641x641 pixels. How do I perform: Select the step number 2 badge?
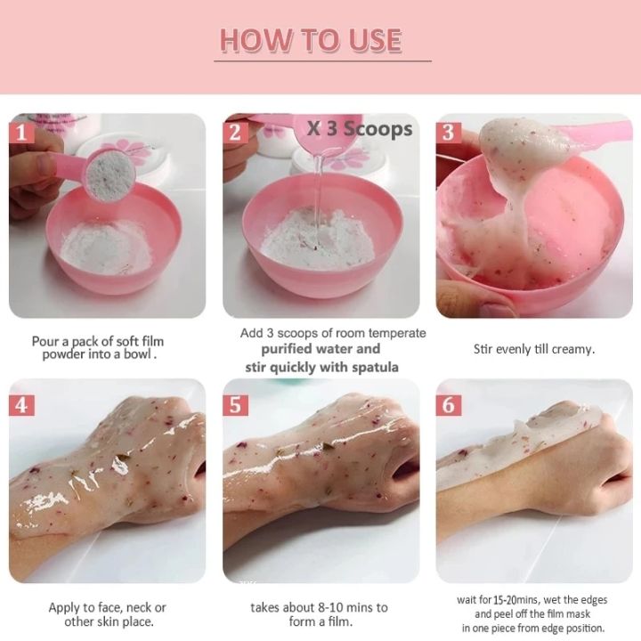pyautogui.click(x=235, y=133)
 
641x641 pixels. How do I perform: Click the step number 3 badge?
pyautogui.click(x=449, y=133)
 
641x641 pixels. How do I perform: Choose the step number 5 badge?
pyautogui.click(x=235, y=405)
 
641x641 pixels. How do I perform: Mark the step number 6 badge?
pyautogui.click(x=449, y=405)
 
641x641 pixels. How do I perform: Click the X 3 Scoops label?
pyautogui.click(x=360, y=128)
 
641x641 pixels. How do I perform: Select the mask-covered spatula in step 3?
pyautogui.click(x=516, y=142)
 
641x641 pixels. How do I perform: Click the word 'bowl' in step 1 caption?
pyautogui.click(x=142, y=354)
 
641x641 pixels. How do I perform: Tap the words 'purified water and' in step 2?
pyautogui.click(x=320, y=349)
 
